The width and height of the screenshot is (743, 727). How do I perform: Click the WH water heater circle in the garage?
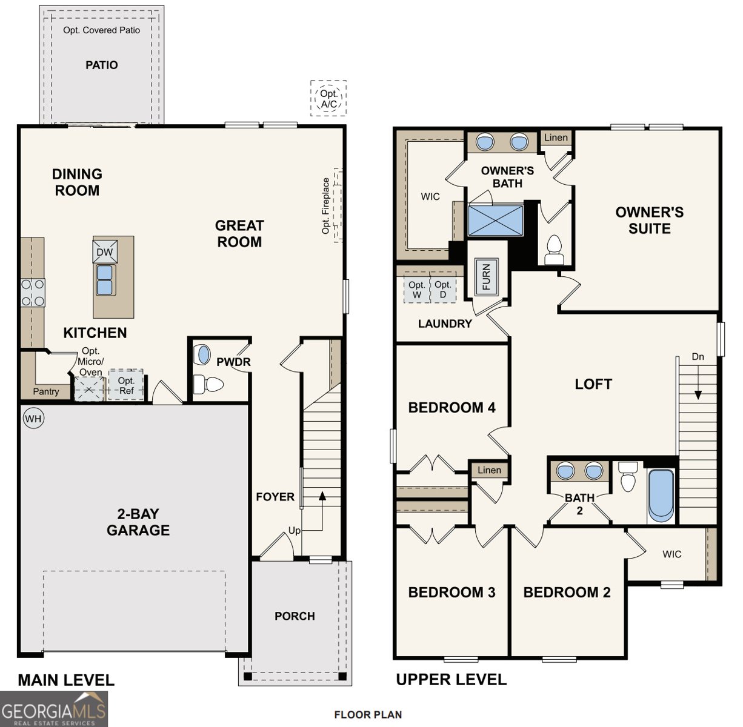33,418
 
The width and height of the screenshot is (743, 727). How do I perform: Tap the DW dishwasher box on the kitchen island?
104,252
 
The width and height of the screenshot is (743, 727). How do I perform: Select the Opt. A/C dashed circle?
328,98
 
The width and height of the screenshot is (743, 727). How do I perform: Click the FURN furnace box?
485,277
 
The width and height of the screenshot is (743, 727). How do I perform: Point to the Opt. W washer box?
416,289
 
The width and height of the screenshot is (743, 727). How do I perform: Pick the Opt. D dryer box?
443,289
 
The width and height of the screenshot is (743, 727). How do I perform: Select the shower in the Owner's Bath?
495,220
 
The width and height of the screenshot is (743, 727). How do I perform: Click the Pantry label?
46,391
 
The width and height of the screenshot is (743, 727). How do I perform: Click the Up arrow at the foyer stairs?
322,497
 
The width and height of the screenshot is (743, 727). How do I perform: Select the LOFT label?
593,384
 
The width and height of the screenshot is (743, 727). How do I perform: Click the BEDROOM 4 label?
451,408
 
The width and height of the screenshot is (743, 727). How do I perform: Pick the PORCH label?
295,616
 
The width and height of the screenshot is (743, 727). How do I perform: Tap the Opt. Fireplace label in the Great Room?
327,206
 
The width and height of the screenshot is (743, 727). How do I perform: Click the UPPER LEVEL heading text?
451,680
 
